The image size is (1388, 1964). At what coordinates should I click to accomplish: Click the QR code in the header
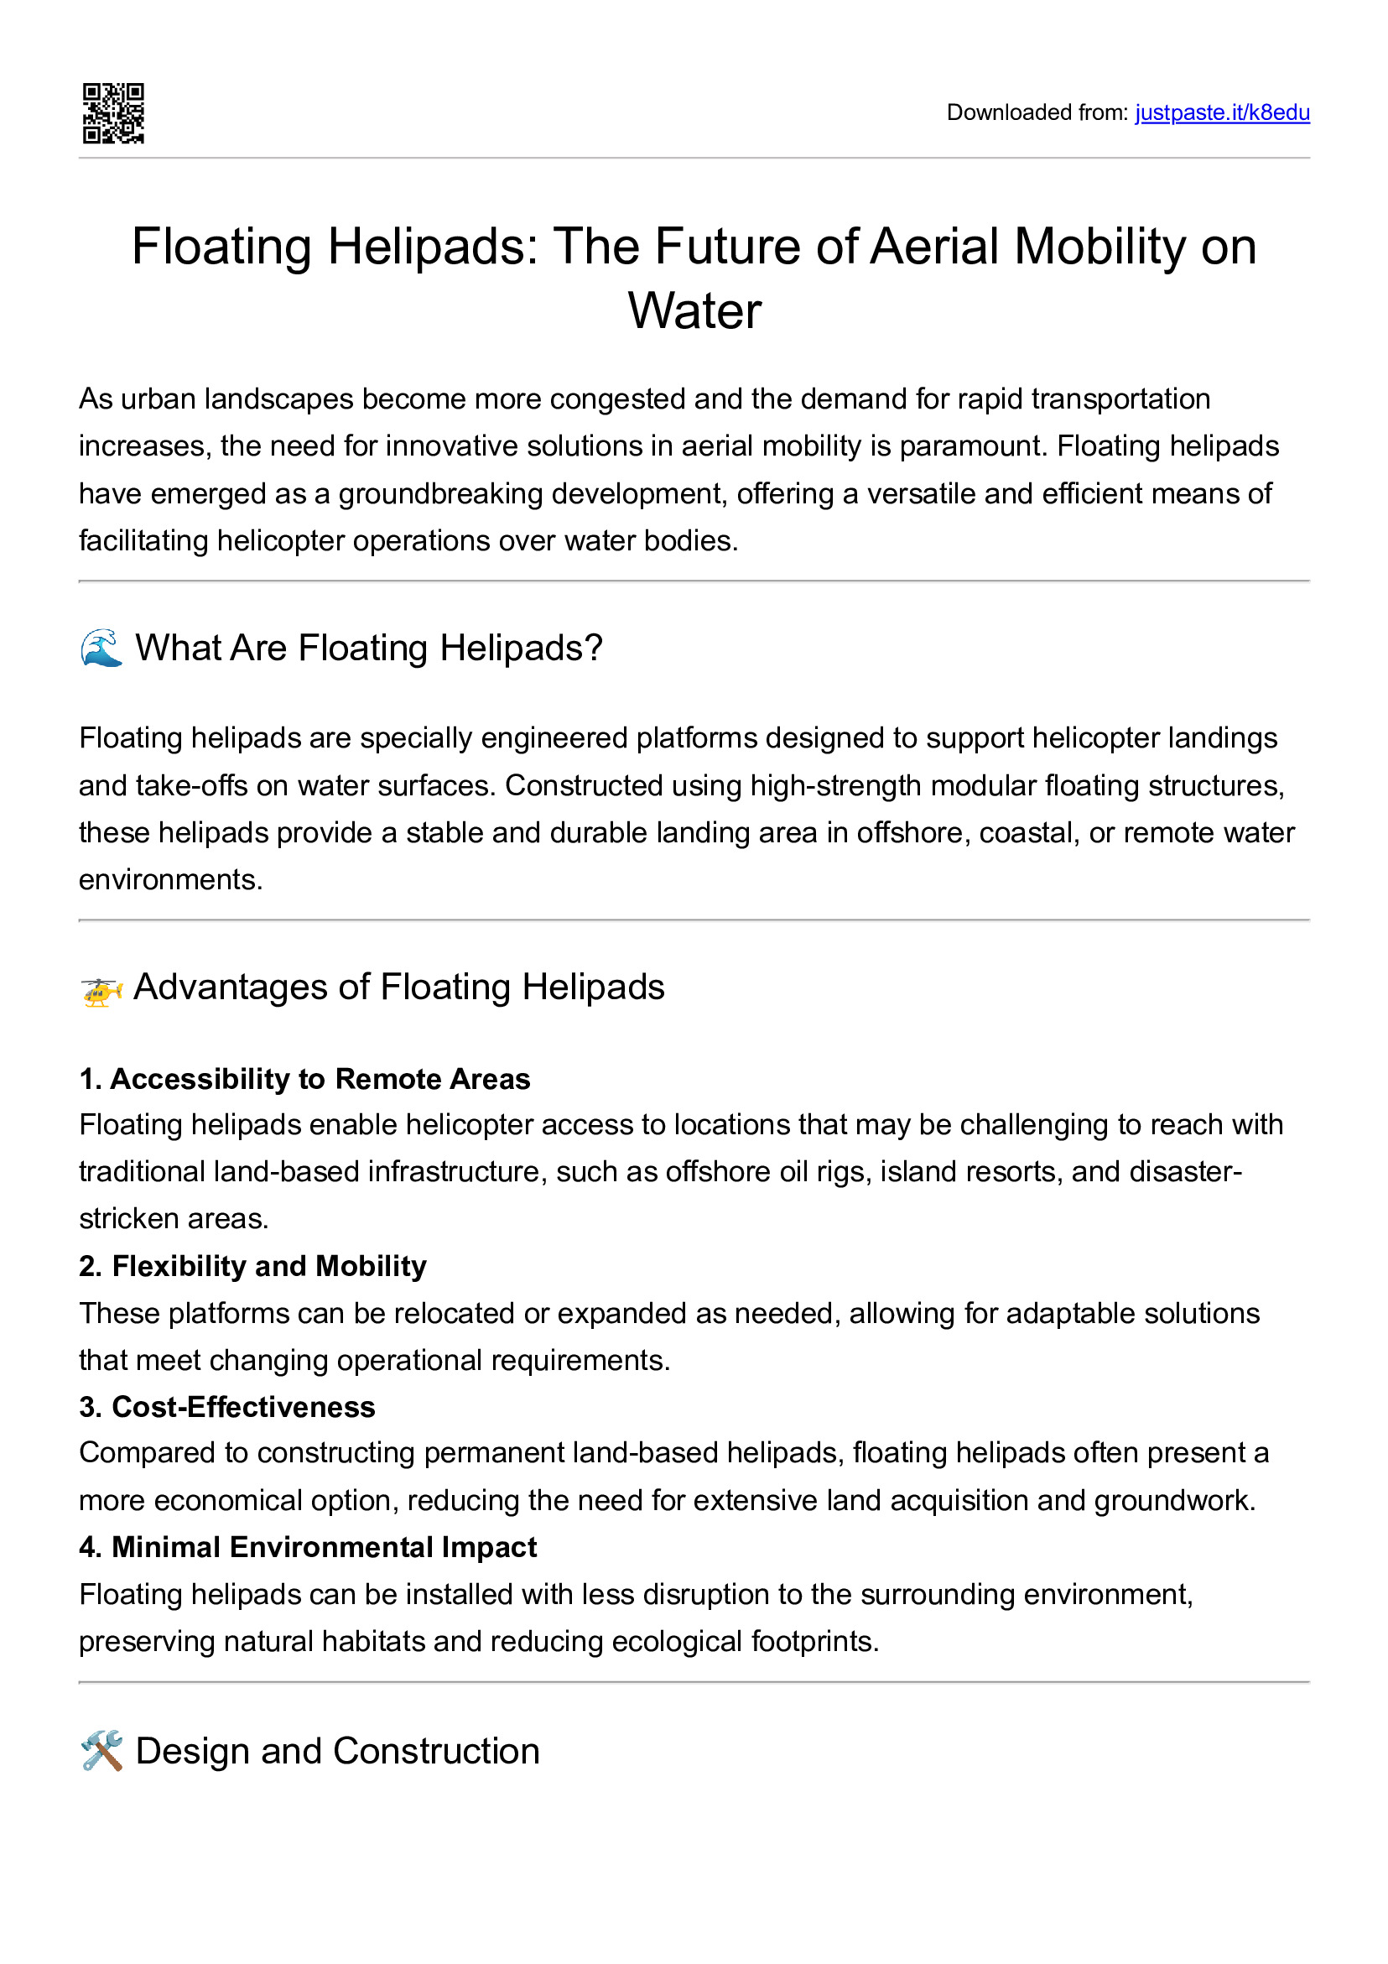[113, 113]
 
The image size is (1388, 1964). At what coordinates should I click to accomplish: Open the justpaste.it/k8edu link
[1221, 113]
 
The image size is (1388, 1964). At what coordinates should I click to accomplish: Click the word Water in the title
[694, 310]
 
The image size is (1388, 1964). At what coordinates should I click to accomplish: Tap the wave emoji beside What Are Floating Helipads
[101, 648]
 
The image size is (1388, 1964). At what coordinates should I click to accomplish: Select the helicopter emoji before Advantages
[101, 990]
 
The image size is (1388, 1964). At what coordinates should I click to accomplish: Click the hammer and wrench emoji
[101, 1751]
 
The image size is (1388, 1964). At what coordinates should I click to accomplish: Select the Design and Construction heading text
[338, 1751]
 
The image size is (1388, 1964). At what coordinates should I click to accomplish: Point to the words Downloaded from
[1037, 113]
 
